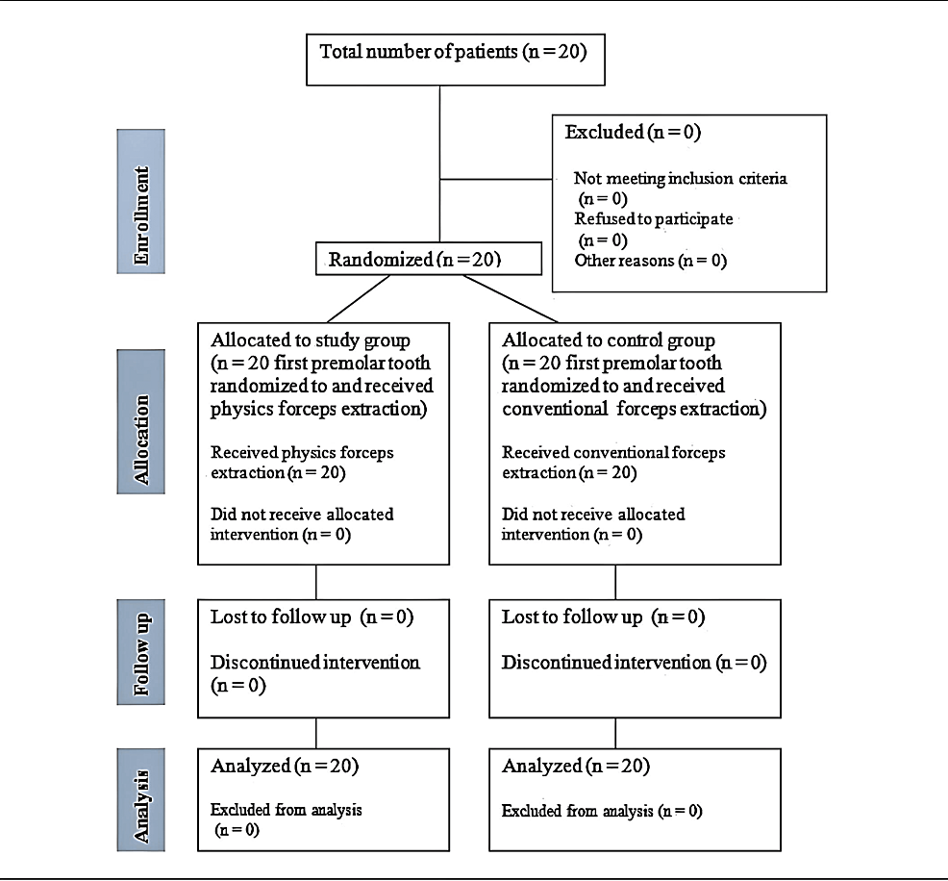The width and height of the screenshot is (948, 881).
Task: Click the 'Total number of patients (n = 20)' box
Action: (456, 60)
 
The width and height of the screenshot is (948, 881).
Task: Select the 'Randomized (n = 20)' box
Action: (429, 259)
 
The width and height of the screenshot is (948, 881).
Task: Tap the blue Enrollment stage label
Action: (141, 201)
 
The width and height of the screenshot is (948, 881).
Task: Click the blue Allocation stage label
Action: (141, 421)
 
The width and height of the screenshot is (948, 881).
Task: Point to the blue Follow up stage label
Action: (141, 652)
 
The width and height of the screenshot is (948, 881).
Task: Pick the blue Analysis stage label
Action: (141, 799)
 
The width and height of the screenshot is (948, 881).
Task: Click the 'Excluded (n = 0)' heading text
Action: (633, 132)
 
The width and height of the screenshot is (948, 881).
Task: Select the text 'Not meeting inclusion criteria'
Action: (680, 178)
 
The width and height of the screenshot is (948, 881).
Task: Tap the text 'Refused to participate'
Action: (654, 219)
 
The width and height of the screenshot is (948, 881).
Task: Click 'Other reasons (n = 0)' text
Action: (651, 261)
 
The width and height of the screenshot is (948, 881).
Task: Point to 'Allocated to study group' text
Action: (311, 340)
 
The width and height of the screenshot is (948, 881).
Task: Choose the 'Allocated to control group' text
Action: (609, 340)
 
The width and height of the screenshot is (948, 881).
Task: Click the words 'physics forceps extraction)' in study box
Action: (318, 410)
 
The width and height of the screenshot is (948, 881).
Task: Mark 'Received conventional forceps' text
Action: (613, 452)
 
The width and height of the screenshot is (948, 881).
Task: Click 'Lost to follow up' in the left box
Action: (281, 617)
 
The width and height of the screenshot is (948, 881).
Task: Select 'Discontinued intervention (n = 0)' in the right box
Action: (635, 663)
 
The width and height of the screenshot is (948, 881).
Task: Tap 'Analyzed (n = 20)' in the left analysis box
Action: (285, 767)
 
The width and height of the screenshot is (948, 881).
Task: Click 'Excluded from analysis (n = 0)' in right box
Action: (602, 811)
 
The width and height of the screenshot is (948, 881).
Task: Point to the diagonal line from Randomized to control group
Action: (511, 299)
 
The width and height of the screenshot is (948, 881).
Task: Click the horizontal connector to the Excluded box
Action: (496, 179)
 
